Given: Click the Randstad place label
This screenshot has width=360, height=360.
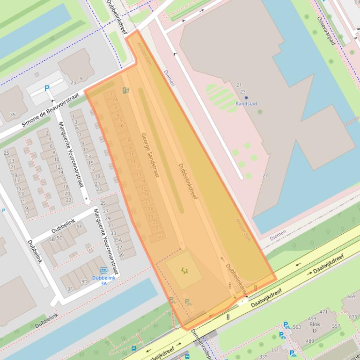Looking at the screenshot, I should coord(246,104).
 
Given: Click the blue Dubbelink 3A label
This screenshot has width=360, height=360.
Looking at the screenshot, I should coord(103,281).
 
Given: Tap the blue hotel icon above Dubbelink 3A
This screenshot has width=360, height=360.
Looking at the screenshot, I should coord(103,270).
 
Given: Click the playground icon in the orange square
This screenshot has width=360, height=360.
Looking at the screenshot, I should coord(184,270).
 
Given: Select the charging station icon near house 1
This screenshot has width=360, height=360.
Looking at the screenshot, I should coord(125,90).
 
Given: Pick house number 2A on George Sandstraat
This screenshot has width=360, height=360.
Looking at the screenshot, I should coord(115,100).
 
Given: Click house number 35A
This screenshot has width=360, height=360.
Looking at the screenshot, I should coord(117,240).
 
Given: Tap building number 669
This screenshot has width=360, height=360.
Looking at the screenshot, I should coord(351,296).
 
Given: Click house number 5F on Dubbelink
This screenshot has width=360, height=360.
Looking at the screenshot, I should coord(79,227).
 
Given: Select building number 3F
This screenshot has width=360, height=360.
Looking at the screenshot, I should coord(70,289).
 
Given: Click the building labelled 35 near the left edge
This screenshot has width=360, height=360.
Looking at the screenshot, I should coord(13,115).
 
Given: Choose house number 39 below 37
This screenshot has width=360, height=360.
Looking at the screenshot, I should coord(121,255).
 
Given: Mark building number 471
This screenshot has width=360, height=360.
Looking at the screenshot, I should coord(323,312).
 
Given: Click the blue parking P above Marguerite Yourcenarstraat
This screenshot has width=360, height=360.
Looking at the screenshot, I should coord(47,88).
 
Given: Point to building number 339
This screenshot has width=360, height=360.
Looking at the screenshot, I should coord(263,357).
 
